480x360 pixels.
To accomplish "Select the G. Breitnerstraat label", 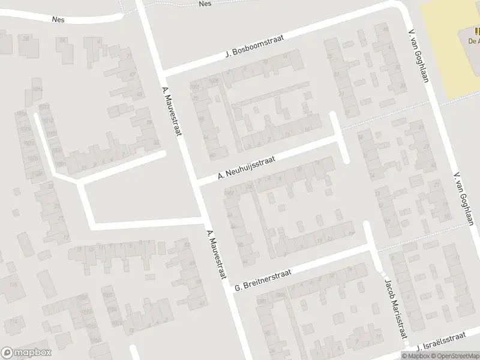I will (x=263, y=280).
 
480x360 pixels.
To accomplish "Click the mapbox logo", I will (x=26, y=353).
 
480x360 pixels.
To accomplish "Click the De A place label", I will (x=473, y=41).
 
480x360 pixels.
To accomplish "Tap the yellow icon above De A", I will (x=477, y=31).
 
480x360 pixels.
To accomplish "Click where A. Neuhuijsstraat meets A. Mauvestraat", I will (x=197, y=182).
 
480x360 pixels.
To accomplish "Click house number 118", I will (x=13, y=284).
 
